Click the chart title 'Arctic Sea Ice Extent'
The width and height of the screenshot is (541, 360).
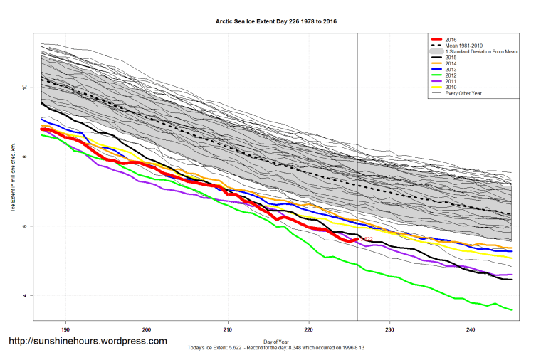click(276, 22)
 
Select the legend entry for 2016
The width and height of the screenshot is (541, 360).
click(449, 39)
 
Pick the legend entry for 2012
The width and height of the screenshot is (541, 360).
click(449, 75)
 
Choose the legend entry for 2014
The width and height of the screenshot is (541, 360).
click(449, 64)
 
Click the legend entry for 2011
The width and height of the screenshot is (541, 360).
click(449, 81)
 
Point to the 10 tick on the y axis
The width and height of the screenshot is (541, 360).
click(23, 88)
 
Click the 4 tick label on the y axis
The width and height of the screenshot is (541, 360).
click(25, 295)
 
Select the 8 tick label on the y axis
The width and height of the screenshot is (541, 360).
click(25, 157)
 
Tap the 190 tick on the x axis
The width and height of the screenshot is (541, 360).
click(65, 329)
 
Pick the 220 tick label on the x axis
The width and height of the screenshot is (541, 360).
click(308, 329)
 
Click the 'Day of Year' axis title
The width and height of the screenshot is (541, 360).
click(276, 341)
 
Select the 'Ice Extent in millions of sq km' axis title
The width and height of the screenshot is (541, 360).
click(13, 178)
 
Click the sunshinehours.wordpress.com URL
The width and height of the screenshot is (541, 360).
click(88, 342)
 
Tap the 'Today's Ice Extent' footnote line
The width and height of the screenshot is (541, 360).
click(276, 347)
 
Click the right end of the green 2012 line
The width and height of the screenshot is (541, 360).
click(511, 309)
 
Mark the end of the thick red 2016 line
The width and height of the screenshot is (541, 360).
click(357, 239)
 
